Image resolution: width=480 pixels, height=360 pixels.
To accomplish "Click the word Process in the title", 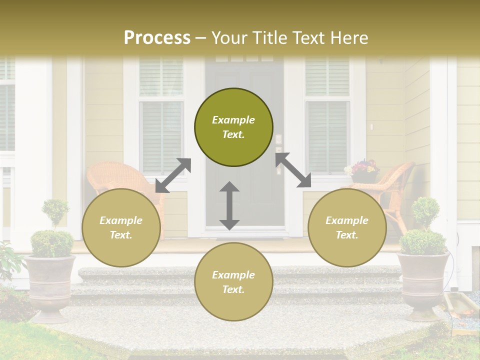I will (157, 38).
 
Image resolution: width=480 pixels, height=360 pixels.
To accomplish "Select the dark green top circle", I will (233, 127).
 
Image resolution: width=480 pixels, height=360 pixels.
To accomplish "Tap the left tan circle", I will (121, 227).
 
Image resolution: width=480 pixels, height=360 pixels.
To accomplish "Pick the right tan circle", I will (347, 227).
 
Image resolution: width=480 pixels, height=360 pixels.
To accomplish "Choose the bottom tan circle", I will (233, 282).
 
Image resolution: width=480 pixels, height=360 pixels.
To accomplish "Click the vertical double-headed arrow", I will (229, 205).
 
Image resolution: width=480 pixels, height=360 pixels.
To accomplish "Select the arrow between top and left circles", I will (173, 175).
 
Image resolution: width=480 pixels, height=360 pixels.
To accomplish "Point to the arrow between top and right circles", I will (293, 170).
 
